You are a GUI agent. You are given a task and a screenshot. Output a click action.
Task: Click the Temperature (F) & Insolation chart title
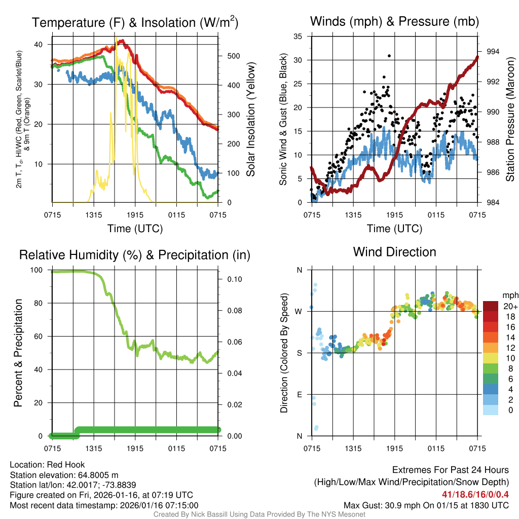(x=135, y=23)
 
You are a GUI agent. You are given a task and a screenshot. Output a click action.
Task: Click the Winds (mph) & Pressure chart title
(x=394, y=21)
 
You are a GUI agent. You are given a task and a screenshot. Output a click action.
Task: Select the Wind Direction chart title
(x=394, y=252)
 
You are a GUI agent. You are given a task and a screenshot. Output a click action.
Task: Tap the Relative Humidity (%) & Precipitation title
(x=135, y=255)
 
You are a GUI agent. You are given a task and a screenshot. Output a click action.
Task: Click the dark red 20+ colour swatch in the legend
(x=491, y=306)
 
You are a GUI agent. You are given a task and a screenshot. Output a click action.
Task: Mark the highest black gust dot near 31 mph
(x=389, y=56)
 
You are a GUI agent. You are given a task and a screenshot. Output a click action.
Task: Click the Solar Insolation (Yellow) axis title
(x=251, y=120)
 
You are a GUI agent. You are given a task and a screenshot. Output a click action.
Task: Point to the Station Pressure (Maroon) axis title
(x=510, y=120)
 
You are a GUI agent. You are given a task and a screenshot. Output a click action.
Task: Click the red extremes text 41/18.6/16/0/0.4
(x=475, y=494)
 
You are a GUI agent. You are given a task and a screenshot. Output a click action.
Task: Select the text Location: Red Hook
(x=47, y=465)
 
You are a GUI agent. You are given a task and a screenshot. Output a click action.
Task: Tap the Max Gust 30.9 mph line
(x=426, y=505)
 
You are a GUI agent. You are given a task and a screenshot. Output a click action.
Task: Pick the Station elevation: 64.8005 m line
(x=64, y=475)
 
